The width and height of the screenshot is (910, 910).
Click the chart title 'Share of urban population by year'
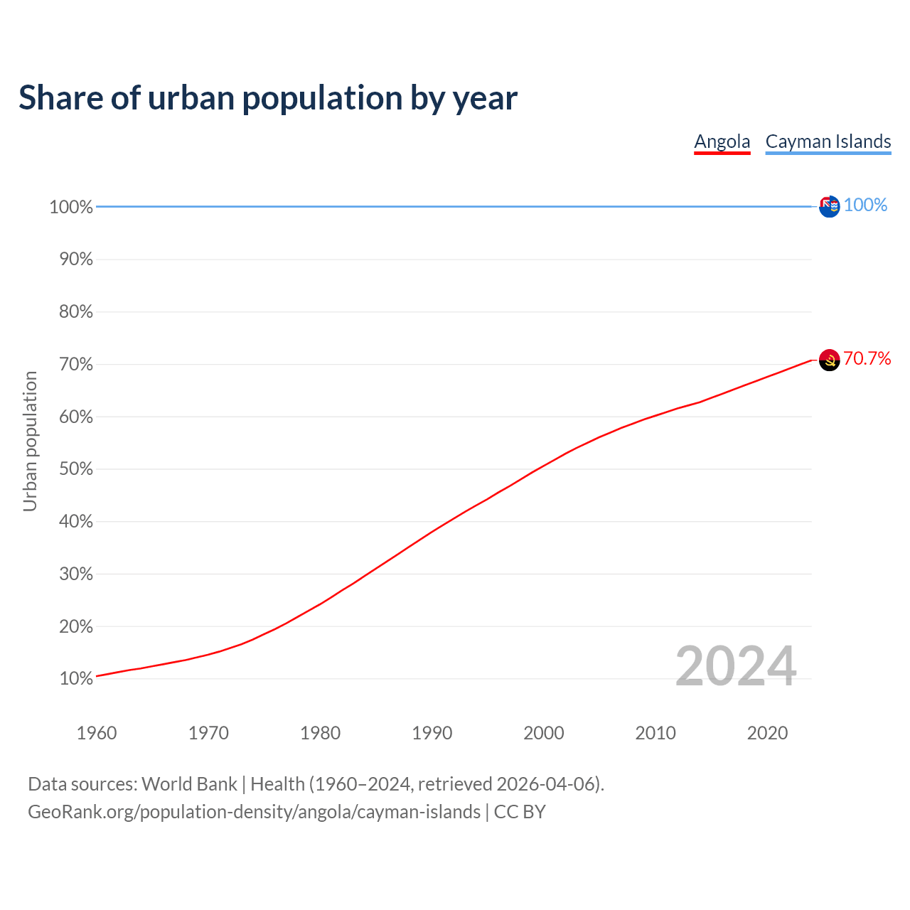267,98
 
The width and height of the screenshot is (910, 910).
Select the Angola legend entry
722,141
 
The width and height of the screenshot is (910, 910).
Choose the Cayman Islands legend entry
828,141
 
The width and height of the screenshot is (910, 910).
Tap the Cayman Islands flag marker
829,207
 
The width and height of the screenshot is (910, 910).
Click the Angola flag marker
829,360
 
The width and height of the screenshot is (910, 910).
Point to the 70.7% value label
867,358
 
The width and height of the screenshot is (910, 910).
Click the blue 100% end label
865,205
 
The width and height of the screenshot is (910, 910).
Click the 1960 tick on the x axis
97,733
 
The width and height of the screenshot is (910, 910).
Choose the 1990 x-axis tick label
432,733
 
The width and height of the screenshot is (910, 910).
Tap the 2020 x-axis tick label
767,733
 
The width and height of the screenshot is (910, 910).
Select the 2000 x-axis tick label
543,733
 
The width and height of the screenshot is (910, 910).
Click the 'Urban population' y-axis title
30,441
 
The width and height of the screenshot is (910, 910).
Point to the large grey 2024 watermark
735,666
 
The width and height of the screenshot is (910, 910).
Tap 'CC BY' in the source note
520,812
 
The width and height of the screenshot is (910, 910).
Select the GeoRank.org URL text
254,812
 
